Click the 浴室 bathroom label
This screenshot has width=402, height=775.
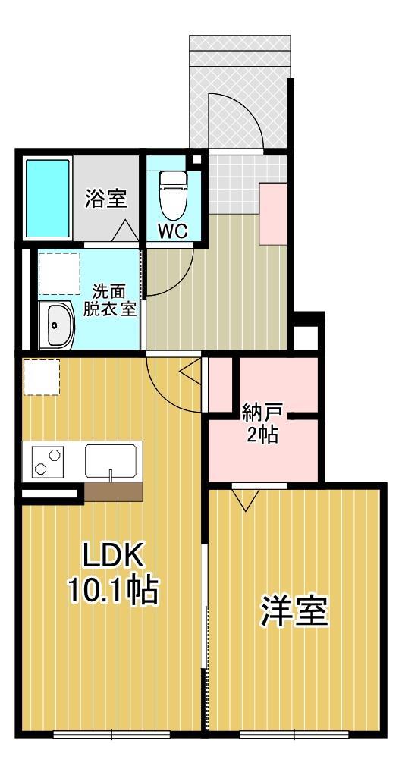[106, 199]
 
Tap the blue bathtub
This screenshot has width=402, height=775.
[48, 197]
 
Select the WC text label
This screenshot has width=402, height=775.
[172, 231]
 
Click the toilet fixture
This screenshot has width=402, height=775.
[172, 193]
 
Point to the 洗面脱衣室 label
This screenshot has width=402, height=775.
[115, 301]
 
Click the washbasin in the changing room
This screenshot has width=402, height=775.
[55, 325]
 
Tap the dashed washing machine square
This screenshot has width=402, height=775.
[59, 272]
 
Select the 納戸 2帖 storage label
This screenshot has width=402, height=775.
[262, 424]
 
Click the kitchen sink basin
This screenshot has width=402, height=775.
[111, 460]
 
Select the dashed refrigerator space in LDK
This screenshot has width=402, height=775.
[41, 377]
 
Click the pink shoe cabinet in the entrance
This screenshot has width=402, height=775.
[272, 213]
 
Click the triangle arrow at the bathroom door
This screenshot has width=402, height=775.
[123, 231]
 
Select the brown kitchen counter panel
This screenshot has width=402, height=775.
[113, 491]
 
